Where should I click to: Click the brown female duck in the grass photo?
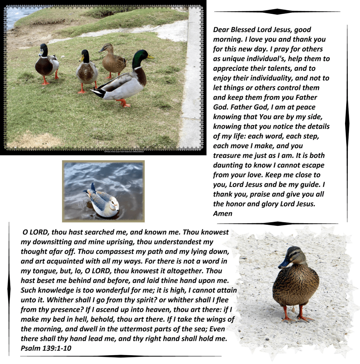point(114,60)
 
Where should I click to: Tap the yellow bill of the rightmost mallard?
point(151,57)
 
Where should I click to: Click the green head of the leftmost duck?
point(44,50)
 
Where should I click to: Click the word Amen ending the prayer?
point(223,214)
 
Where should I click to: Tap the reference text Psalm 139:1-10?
point(46,348)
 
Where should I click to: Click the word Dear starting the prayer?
point(222,30)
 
